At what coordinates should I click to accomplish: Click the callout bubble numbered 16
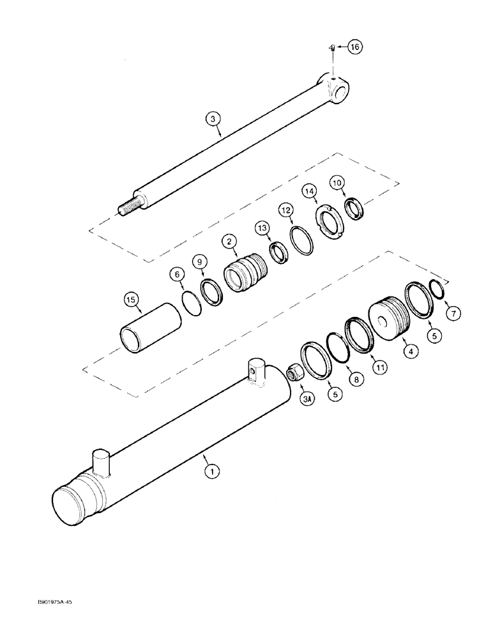(x=354, y=47)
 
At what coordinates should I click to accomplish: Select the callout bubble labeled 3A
(x=309, y=401)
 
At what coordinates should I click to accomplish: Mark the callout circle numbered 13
(x=261, y=229)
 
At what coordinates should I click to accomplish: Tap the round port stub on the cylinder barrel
(x=102, y=462)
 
